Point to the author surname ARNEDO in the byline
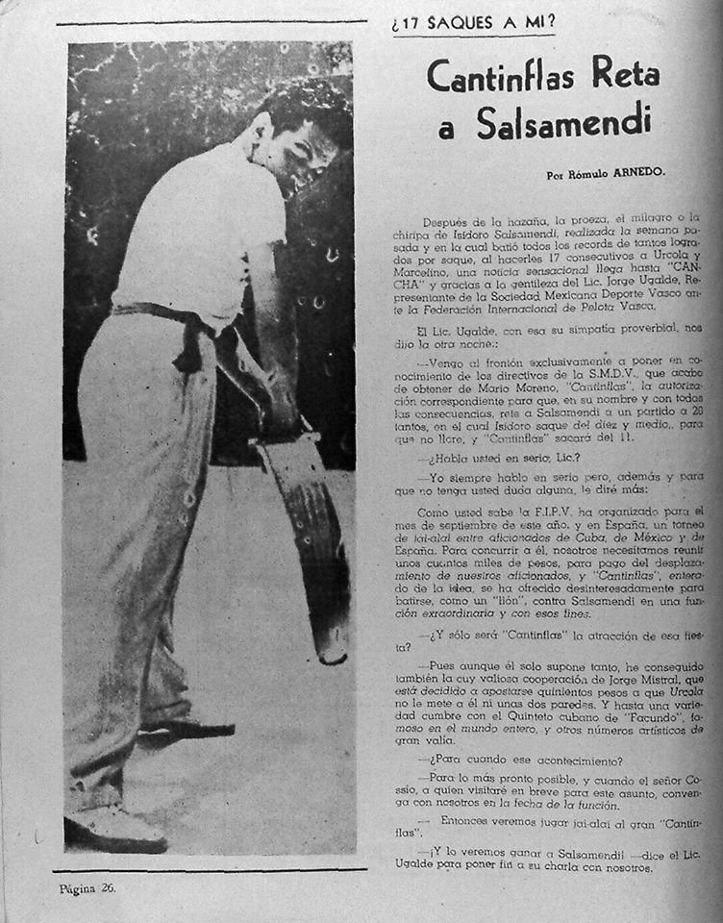pos(635,175)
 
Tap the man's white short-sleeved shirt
pos(192,231)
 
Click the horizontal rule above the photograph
pos(212,22)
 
